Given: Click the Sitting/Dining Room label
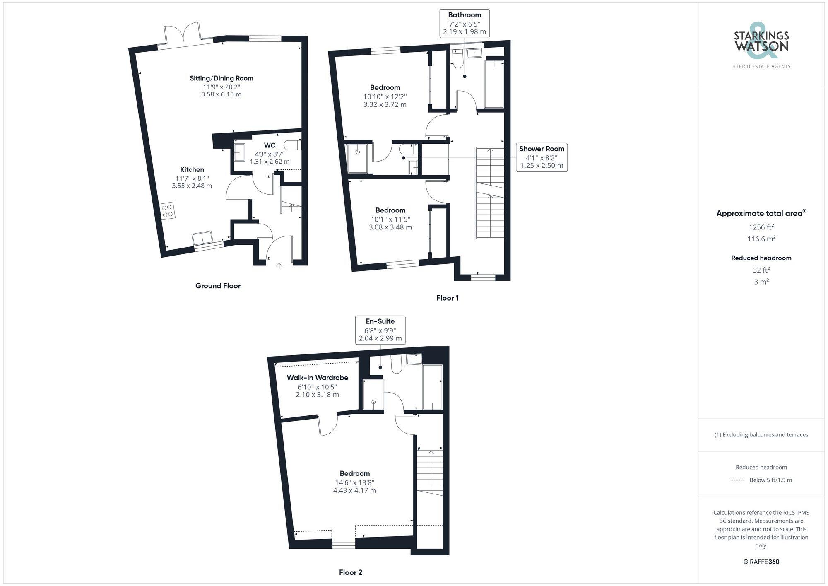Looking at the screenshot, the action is tap(221, 78).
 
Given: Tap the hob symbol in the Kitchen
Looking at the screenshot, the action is tap(168, 211).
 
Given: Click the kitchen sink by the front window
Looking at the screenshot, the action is tap(202, 238).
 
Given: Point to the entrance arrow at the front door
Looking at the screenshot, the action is tap(279, 265).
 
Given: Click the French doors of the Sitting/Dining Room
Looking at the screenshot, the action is tap(182, 34).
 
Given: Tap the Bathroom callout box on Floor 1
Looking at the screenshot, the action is tap(465, 23).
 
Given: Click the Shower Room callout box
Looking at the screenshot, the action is tap(542, 157).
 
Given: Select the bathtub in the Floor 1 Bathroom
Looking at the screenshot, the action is tap(494, 84).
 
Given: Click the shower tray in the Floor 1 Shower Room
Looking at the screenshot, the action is tap(357, 158).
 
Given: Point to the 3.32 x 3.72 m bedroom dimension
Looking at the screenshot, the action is tap(385, 105).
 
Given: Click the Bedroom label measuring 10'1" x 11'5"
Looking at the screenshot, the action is tap(390, 210).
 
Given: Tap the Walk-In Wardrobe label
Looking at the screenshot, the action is tap(318, 378).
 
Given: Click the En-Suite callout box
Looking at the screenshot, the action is tap(380, 330).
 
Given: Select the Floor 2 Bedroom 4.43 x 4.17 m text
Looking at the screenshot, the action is tap(355, 491).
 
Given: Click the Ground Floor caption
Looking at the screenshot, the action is tap(218, 286).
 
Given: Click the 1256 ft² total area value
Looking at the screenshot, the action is tap(761, 227).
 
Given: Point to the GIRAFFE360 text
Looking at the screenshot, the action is tap(761, 562).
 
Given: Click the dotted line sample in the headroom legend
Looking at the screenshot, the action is tap(738, 480).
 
